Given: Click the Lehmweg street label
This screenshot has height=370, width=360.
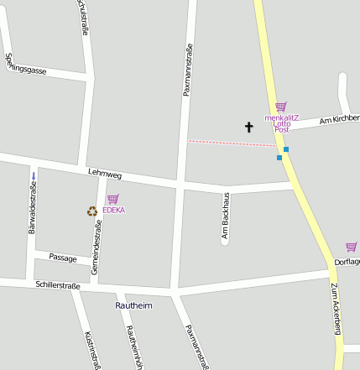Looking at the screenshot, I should click(x=105, y=175).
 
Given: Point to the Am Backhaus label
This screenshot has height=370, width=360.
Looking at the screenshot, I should click(x=225, y=216).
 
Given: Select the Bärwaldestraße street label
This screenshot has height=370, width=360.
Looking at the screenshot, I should click(x=33, y=207).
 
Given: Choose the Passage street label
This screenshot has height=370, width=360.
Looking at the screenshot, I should click(x=62, y=258).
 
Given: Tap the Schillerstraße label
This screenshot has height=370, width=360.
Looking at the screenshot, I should click(x=58, y=286).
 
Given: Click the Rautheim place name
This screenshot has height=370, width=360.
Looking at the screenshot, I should click(x=133, y=305).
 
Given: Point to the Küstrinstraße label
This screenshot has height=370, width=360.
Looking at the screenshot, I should click(x=92, y=349).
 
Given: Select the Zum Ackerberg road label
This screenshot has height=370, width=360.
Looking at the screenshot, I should click(x=336, y=310).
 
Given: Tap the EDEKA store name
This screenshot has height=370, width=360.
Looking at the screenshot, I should click(x=113, y=211).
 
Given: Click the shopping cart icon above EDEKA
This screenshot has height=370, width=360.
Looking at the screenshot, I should click(x=112, y=199).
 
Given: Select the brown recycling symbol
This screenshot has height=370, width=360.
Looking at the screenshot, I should click(x=92, y=211).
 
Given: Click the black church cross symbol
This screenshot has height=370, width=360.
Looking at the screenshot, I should click(x=248, y=128).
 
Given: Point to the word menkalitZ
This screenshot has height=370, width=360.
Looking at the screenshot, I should click(x=282, y=117).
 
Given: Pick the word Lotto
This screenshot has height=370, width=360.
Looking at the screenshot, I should click(x=282, y=124).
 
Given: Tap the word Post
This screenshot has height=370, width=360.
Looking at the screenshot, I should click(x=282, y=131).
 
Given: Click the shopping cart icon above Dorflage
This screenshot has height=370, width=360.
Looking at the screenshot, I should click(x=351, y=247).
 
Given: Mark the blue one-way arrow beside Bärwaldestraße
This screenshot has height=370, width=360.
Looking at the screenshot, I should click(x=34, y=175).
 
